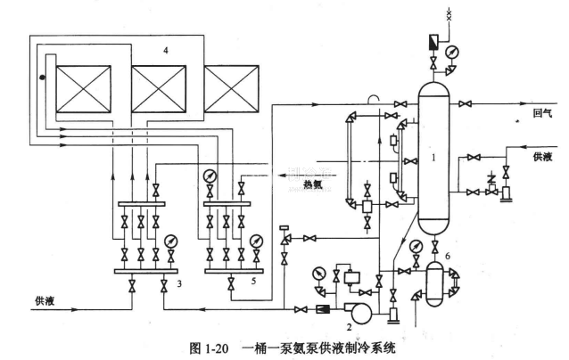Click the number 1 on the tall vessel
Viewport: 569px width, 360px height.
[x=432, y=157]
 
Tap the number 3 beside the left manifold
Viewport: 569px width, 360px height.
[x=179, y=283]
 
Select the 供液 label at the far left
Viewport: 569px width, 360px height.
[x=45, y=300]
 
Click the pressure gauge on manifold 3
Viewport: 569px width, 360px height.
[x=169, y=240]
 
